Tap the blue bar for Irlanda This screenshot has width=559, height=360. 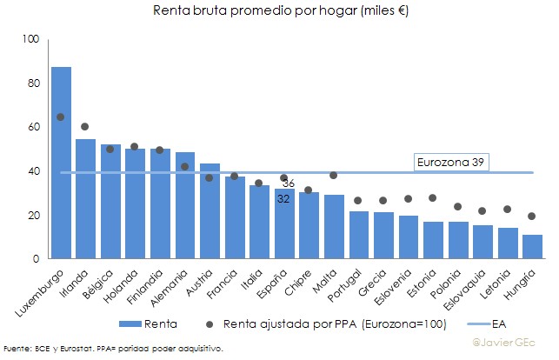[85, 199]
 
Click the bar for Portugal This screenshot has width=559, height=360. [334, 235]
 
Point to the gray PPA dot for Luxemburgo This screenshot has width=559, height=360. [61, 117]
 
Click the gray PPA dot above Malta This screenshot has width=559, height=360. [334, 175]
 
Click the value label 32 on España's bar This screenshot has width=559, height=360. [283, 199]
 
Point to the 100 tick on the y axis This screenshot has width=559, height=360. [31, 39]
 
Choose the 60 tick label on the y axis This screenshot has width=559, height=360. [33, 127]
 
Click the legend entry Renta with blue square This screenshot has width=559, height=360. [156, 324]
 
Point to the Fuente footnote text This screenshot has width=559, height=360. [113, 349]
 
